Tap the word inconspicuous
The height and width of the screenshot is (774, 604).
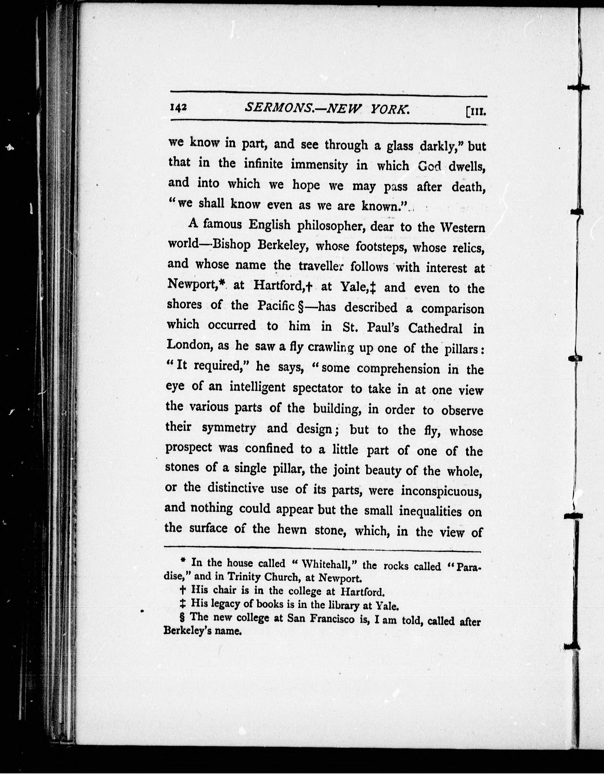(441, 491)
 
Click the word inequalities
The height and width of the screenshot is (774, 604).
(430, 511)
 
